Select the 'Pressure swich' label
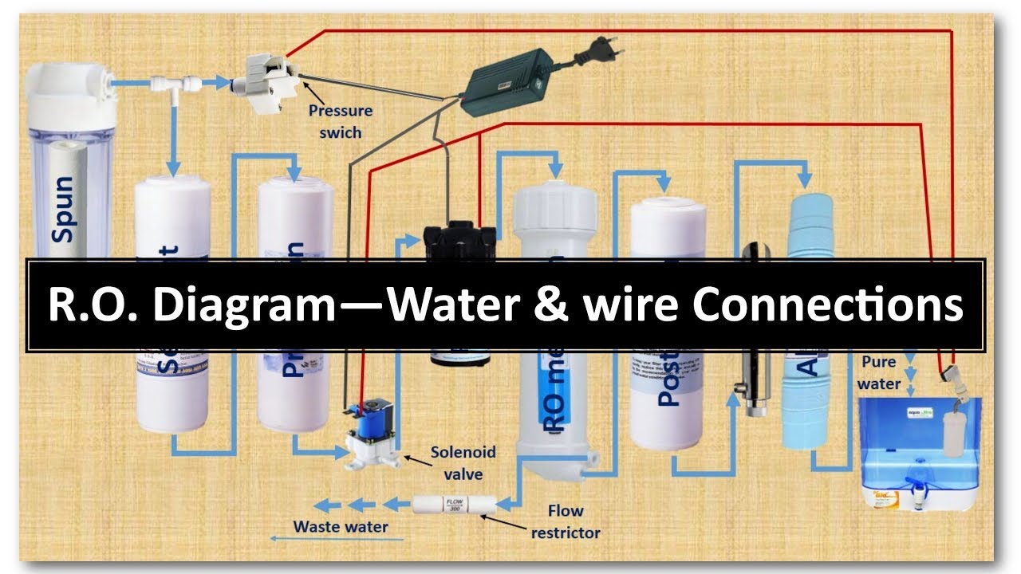click(x=341, y=121)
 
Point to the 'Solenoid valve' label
click(x=463, y=463)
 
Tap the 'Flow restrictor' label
click(x=566, y=521)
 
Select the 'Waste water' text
click(x=341, y=526)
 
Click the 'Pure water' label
click(x=879, y=372)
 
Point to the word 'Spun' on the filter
click(x=62, y=209)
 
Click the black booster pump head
click(x=459, y=239)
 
